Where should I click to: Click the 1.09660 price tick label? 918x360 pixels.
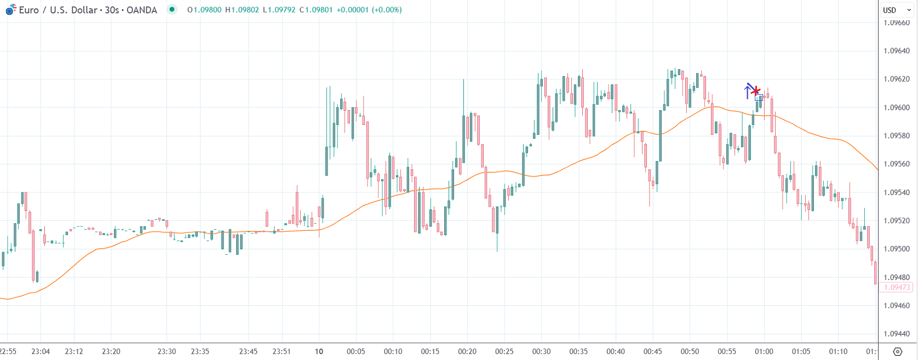(896, 23)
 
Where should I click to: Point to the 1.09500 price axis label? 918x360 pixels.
(896, 249)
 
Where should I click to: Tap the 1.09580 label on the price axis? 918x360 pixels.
(896, 136)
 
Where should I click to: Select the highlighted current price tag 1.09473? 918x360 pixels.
(896, 287)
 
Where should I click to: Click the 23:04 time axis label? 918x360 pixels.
(41, 351)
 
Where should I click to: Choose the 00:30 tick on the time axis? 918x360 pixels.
(541, 351)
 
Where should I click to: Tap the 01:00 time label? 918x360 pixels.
(764, 351)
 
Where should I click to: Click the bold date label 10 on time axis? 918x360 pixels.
(319, 351)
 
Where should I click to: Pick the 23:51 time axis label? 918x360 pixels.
(282, 351)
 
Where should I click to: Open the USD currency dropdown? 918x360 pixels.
(897, 10)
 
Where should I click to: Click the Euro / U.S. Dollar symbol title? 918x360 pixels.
(88, 10)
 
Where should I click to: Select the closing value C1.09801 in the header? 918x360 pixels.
(316, 10)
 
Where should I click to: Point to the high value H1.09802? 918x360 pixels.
(242, 10)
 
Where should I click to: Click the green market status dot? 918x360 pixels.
(172, 9)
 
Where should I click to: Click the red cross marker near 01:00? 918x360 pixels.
(756, 91)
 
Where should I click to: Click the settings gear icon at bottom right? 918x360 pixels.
(897, 351)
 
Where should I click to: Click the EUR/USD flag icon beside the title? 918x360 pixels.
(10, 9)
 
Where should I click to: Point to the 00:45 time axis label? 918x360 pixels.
(652, 351)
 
